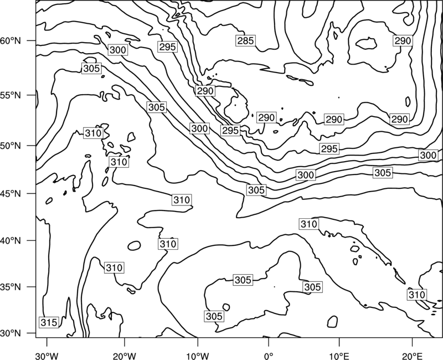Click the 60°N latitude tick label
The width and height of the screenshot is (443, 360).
pos(11,41)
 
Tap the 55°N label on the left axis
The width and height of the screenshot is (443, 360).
pos(11,95)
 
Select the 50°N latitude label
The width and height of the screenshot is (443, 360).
pos(11,146)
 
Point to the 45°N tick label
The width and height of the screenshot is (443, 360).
pos(11,193)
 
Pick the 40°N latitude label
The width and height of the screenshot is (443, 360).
pos(11,241)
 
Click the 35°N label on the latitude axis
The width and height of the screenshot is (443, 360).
pos(11,287)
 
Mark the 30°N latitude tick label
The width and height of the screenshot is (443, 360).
pos(11,333)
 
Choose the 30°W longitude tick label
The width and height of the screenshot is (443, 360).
pos(47,356)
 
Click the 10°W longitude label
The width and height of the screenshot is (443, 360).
pos(198,356)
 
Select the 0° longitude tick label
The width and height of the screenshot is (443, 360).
pos(269,356)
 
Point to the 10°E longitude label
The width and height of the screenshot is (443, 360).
pos(339,356)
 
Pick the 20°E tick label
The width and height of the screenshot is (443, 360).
pos(412,356)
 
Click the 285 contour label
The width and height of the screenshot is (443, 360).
pos(245,41)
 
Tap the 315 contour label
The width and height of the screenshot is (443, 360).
pos(49,322)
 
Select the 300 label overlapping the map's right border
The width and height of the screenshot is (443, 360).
pos(428,155)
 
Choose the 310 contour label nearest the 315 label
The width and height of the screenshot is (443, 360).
pos(114,268)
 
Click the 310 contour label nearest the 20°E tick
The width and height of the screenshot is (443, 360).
pos(417,295)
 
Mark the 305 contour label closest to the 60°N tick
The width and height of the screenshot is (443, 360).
pos(91,68)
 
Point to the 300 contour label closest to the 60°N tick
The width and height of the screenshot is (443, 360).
pos(118,50)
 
